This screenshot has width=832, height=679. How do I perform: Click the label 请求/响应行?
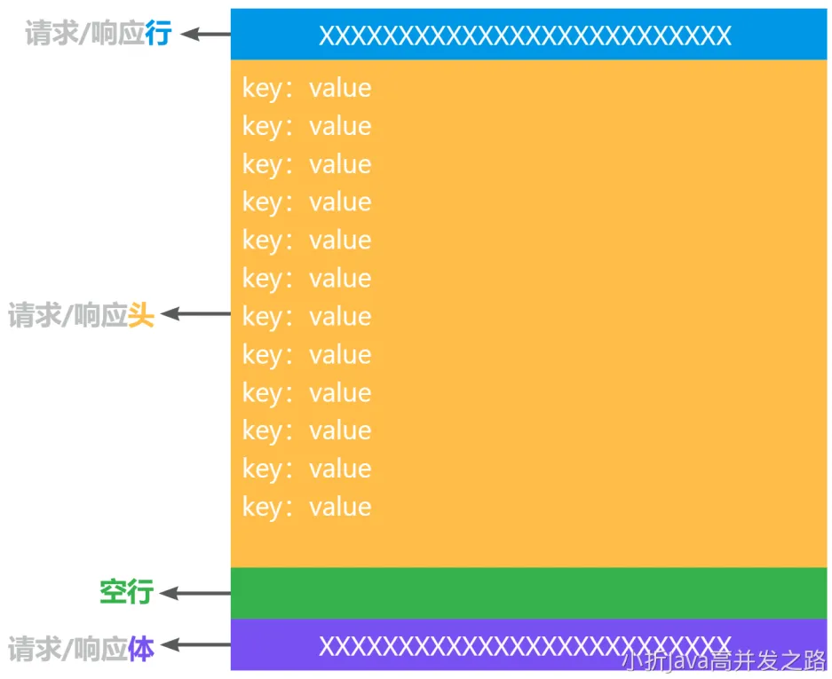tap(98, 34)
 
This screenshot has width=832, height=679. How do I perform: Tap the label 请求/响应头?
tap(82, 315)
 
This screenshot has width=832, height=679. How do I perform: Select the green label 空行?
tap(126, 592)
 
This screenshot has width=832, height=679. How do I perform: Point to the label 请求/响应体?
tap(82, 649)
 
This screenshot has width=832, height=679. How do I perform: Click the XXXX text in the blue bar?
tap(525, 36)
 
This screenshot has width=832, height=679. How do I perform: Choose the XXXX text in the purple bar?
tap(525, 646)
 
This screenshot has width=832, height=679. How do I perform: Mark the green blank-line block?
tap(528, 592)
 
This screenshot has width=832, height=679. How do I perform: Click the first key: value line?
tap(307, 88)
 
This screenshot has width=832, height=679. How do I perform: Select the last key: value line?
tap(307, 507)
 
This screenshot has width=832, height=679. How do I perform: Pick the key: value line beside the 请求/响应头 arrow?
tap(307, 317)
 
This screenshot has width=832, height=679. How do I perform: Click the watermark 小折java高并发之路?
tap(724, 661)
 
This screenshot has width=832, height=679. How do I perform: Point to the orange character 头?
tap(141, 315)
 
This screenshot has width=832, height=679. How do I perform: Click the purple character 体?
tap(141, 649)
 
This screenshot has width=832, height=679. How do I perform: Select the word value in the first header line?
tap(340, 88)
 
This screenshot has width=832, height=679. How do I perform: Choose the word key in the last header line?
tap(262, 508)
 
